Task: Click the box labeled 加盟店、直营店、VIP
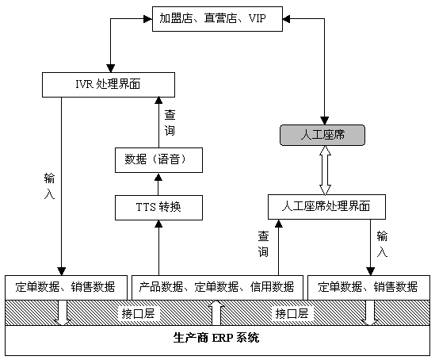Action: (x=217, y=19)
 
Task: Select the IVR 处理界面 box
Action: (x=109, y=85)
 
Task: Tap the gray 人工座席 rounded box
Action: (x=322, y=135)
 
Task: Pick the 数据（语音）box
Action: (x=158, y=160)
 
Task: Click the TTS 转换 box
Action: (x=158, y=208)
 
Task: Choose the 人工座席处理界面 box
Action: (x=326, y=207)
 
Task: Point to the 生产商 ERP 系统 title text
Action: (x=216, y=338)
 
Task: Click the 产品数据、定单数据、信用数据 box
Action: (x=217, y=287)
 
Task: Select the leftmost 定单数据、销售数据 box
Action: (x=66, y=287)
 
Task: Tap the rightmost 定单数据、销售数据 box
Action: (x=368, y=287)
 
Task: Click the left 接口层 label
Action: (x=138, y=313)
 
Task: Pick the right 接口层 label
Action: (x=292, y=313)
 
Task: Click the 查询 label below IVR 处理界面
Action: (x=170, y=122)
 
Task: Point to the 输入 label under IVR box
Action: (x=49, y=186)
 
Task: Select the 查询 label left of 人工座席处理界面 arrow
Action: (x=263, y=244)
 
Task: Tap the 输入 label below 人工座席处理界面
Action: (x=382, y=244)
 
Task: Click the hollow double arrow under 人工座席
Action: (x=325, y=170)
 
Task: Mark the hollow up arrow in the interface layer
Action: (x=216, y=312)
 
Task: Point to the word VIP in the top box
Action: (x=258, y=18)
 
